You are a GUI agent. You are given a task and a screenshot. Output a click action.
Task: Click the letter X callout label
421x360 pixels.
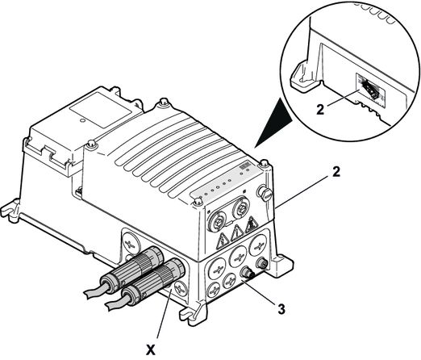coord(150,350)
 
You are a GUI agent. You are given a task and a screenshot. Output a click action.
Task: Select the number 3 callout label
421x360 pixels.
coord(281,309)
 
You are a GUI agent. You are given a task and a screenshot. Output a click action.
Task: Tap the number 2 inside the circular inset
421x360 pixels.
coord(320,110)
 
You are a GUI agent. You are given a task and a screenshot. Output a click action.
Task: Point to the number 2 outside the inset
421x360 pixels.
coord(336,172)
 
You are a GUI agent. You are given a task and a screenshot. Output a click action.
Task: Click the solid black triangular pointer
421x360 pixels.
coord(273,123)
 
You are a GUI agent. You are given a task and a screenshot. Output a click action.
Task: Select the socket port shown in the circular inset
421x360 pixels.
coord(371,90)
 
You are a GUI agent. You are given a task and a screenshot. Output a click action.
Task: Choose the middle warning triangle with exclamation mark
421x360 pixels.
coord(237,232)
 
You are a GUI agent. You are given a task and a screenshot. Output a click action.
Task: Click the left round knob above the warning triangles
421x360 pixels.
coord(217,220)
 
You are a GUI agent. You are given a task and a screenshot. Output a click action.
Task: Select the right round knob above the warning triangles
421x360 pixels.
coord(240,207)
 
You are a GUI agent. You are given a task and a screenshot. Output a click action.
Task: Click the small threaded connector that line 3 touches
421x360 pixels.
coord(248,273)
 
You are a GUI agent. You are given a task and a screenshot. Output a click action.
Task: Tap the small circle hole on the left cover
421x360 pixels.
coord(83,120)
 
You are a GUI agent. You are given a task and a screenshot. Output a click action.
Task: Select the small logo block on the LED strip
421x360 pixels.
coord(244,166)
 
